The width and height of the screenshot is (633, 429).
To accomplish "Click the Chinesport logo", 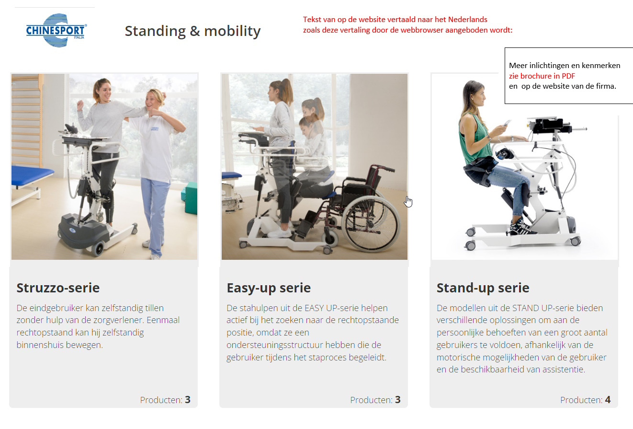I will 57,30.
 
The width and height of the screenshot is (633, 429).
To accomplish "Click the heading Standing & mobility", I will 192,31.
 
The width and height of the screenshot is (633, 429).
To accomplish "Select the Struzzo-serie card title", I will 58,288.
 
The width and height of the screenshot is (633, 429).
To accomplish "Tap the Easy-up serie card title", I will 269,288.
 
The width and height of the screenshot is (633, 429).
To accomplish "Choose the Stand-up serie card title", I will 483,288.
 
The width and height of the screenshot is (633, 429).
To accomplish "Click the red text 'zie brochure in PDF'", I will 542,76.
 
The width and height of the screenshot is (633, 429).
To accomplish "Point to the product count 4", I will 608,400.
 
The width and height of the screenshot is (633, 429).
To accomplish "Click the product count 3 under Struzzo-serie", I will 188,400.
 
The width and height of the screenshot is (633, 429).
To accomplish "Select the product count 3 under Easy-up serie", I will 398,400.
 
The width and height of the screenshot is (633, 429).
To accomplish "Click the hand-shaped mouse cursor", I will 408,202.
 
